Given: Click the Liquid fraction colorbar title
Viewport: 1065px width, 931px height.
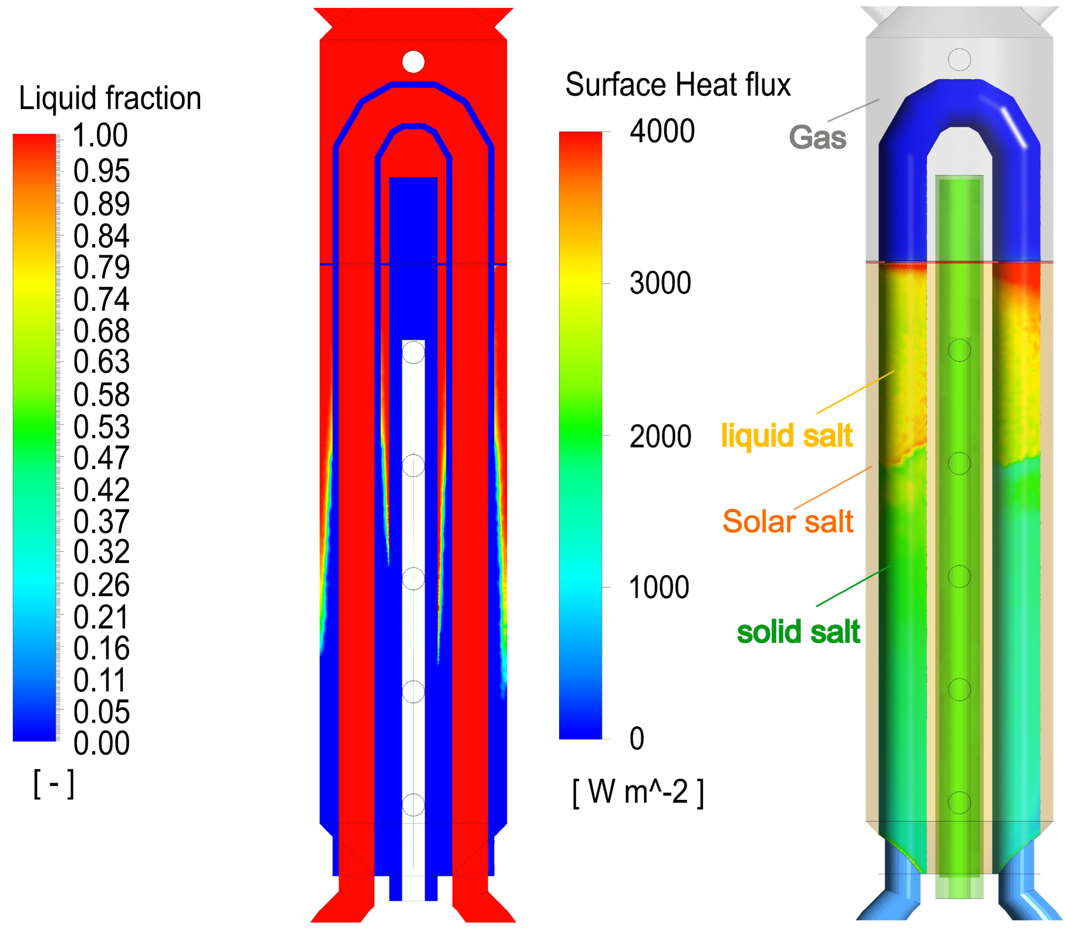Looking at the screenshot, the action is pos(110,98).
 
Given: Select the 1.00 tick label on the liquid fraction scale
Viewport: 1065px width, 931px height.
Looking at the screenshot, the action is pos(100,135).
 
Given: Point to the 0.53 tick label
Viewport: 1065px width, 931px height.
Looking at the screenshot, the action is pos(101,427).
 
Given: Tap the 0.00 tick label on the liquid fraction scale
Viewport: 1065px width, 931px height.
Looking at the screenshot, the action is pos(101,743).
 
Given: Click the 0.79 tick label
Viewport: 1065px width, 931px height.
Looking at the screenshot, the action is pos(101,267).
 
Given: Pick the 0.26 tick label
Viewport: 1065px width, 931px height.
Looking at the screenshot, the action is pos(101,585).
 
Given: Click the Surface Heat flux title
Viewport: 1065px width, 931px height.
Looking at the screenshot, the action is pos(677,84).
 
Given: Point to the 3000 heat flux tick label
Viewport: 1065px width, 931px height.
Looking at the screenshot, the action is pos(660,283).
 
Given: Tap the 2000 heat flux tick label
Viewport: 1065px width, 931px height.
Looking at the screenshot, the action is pos(660,436).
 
